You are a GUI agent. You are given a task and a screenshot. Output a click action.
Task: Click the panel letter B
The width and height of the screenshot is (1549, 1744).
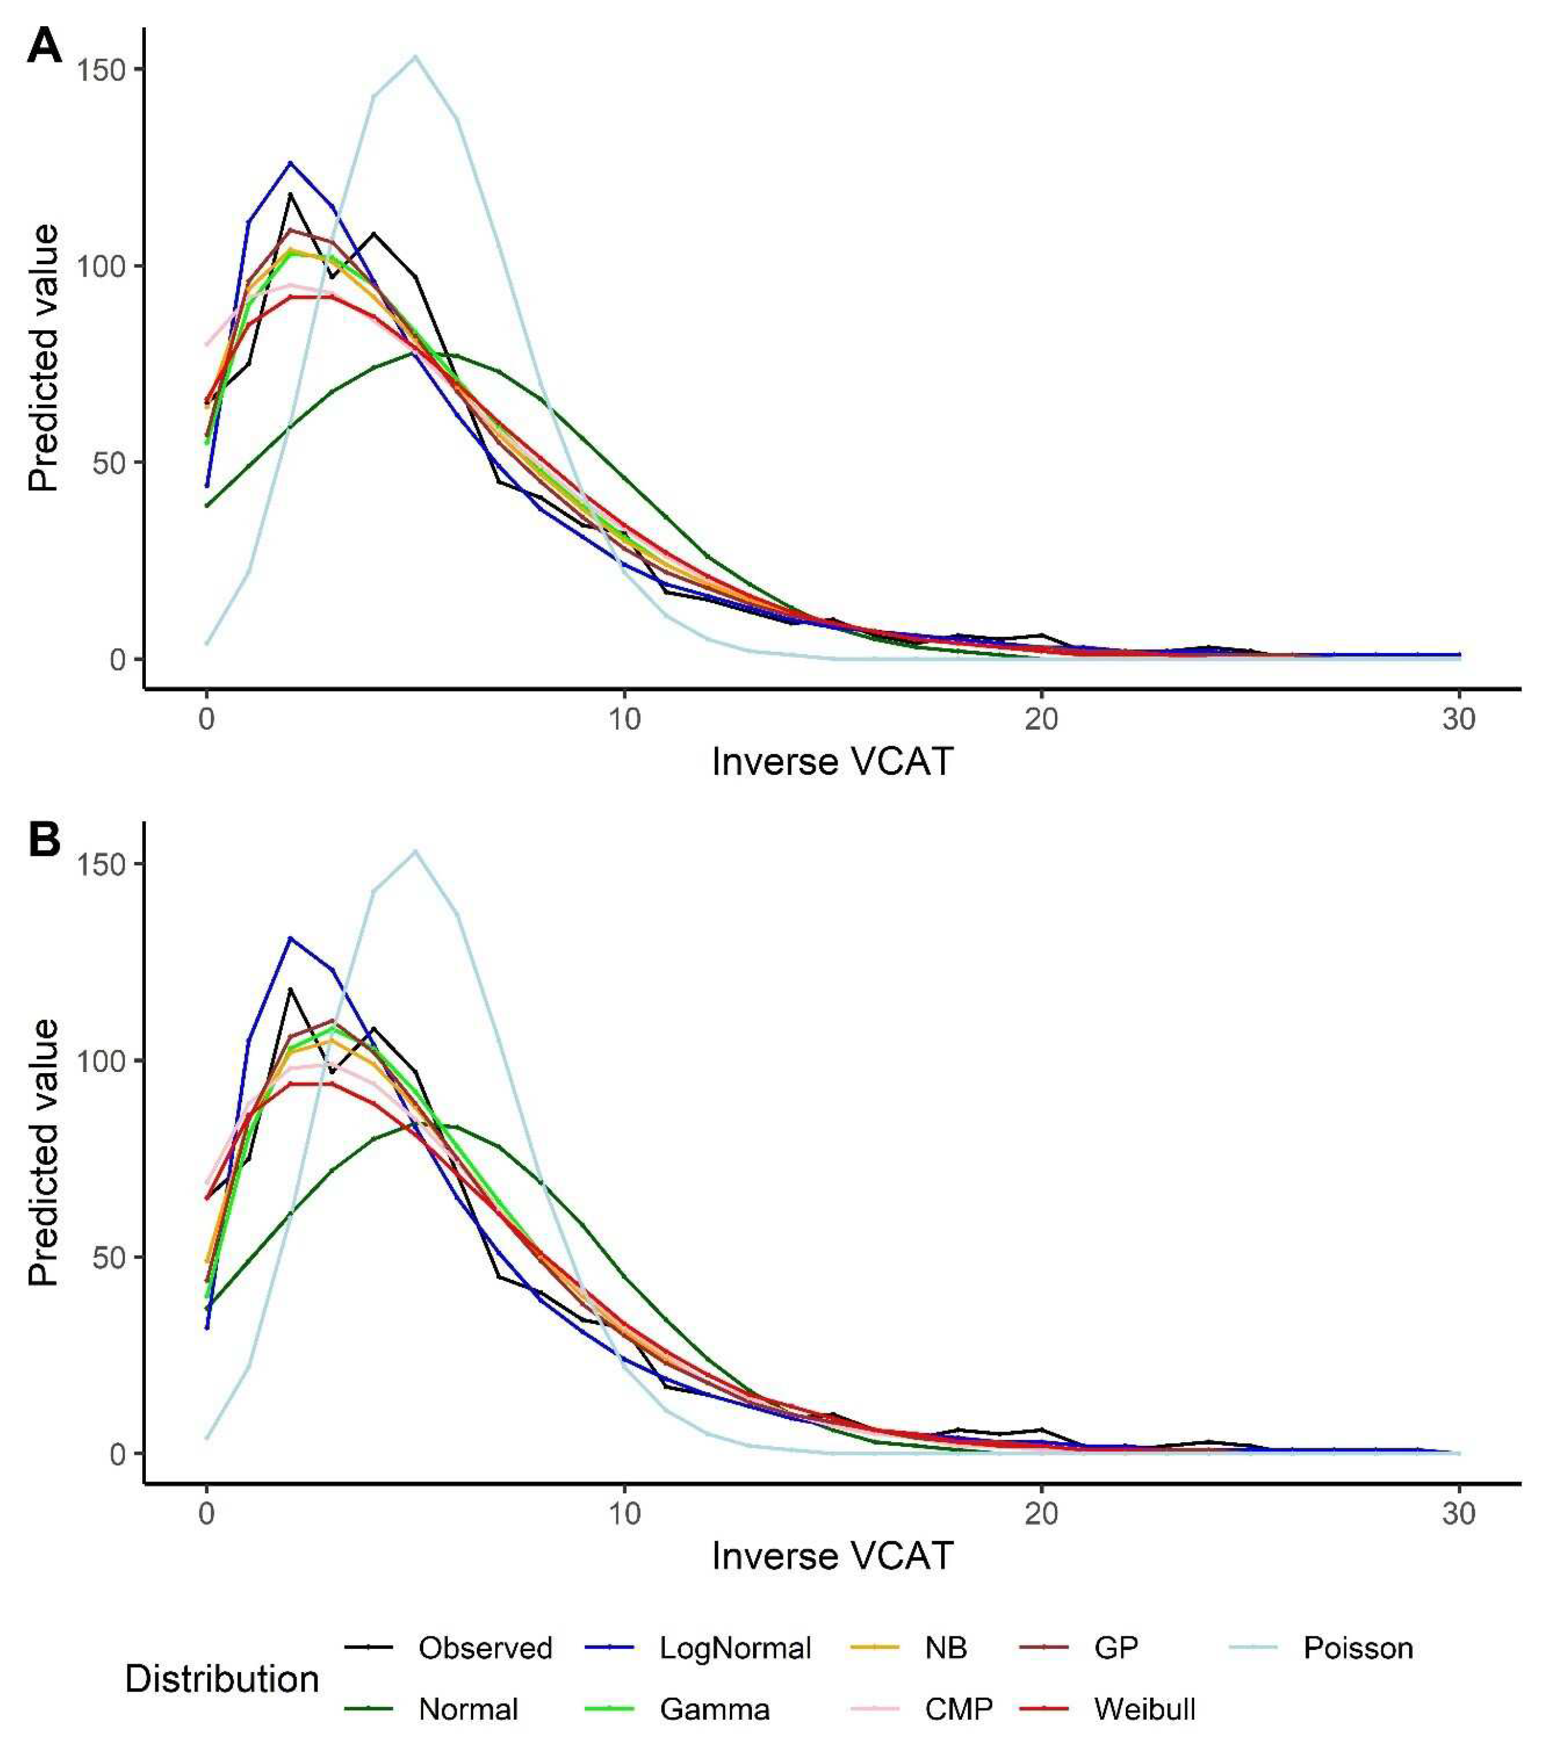(45, 840)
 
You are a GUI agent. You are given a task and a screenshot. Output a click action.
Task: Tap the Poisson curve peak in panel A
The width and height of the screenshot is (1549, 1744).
(415, 57)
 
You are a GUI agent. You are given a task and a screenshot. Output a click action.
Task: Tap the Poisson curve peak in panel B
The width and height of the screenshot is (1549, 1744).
(415, 851)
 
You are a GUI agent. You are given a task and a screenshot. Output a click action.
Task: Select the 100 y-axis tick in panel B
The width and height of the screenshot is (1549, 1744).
(101, 1061)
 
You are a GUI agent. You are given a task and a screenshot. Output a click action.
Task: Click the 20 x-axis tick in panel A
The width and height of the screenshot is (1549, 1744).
(1041, 719)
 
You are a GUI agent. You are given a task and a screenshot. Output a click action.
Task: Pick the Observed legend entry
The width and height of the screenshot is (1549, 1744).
(485, 1648)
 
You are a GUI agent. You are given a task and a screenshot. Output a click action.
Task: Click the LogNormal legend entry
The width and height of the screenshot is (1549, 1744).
(735, 1648)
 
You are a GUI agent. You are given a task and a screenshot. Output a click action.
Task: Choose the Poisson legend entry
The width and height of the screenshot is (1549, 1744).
(1357, 1648)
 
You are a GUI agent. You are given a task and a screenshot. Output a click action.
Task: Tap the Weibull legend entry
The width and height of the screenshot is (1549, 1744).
(1144, 1709)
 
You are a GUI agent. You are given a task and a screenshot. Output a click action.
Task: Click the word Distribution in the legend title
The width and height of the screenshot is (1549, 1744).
(222, 1679)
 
